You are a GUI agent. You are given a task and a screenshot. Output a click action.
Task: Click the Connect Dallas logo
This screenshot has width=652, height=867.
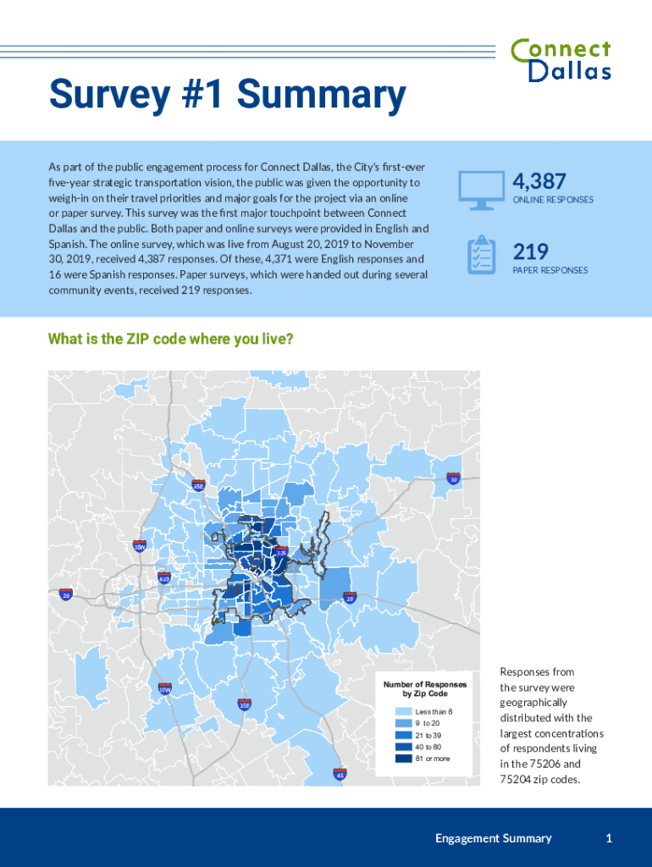[561, 60]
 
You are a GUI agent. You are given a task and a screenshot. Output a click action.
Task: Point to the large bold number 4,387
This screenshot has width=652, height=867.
[539, 181]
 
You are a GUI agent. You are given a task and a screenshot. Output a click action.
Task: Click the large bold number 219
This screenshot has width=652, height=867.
[531, 251]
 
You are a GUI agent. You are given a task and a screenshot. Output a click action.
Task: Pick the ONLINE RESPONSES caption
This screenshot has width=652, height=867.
[553, 200]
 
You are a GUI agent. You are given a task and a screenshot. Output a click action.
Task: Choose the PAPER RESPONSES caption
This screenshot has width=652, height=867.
[550, 270]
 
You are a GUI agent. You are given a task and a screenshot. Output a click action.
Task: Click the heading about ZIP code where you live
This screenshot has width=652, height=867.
[171, 340]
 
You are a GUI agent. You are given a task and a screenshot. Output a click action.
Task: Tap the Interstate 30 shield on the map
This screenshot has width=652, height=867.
[453, 479]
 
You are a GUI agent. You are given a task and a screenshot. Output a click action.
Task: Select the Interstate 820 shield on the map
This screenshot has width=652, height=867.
[164, 578]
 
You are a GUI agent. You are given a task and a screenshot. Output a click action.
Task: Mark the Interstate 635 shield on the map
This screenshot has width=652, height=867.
[282, 551]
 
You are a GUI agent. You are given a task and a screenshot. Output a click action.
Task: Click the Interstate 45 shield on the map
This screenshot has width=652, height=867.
[340, 774]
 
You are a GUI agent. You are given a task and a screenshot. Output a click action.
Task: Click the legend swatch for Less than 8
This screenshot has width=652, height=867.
[403, 711]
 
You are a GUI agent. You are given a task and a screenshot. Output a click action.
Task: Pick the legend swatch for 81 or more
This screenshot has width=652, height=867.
[403, 759]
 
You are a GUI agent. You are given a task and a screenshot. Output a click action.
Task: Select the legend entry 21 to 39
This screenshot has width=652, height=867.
[428, 735]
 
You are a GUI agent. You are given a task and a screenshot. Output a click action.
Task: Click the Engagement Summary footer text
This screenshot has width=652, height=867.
[493, 838]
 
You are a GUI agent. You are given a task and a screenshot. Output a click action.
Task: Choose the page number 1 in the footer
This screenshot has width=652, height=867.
[609, 838]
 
